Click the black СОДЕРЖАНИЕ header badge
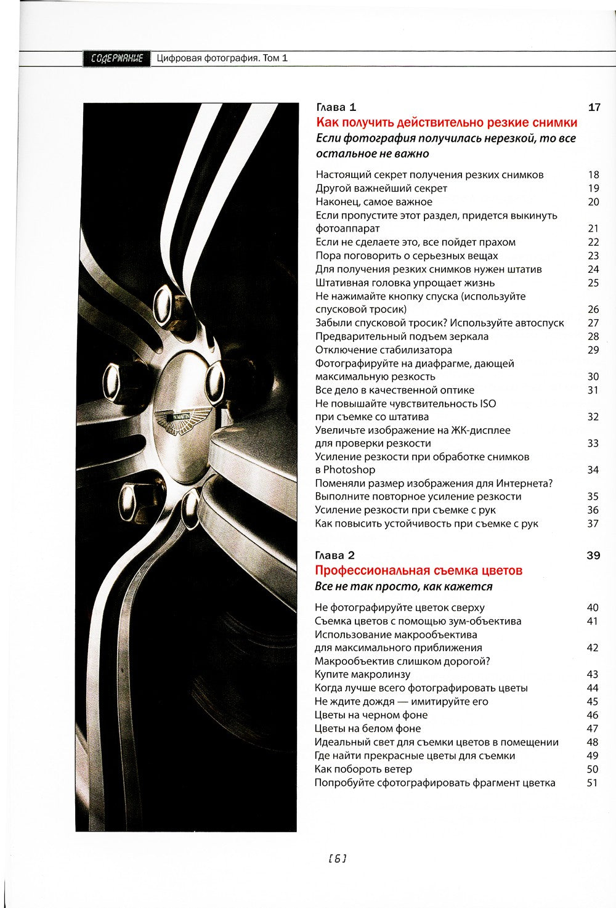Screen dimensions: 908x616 (116, 59)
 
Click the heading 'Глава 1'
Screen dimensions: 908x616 (336, 107)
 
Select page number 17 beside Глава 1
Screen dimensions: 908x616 (594, 107)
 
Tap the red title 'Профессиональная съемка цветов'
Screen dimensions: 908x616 (418, 570)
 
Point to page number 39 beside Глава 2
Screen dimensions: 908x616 (593, 556)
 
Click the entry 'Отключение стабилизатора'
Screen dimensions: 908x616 (383, 350)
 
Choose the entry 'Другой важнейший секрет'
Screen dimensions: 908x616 (381, 188)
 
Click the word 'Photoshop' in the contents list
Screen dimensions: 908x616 (349, 470)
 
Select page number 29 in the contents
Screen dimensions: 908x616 (593, 350)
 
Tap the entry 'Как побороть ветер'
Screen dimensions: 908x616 (363, 769)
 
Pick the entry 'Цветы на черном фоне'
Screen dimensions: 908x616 (370, 715)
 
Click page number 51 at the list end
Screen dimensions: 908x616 (593, 783)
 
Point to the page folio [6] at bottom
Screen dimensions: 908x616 (338, 858)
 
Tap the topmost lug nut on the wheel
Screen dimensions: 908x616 (164, 301)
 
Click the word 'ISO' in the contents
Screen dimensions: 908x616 (487, 403)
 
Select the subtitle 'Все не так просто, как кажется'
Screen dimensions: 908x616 (403, 586)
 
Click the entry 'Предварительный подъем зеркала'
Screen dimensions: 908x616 (402, 336)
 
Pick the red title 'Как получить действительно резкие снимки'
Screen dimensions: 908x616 (447, 123)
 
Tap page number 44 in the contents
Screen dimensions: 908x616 (593, 688)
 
